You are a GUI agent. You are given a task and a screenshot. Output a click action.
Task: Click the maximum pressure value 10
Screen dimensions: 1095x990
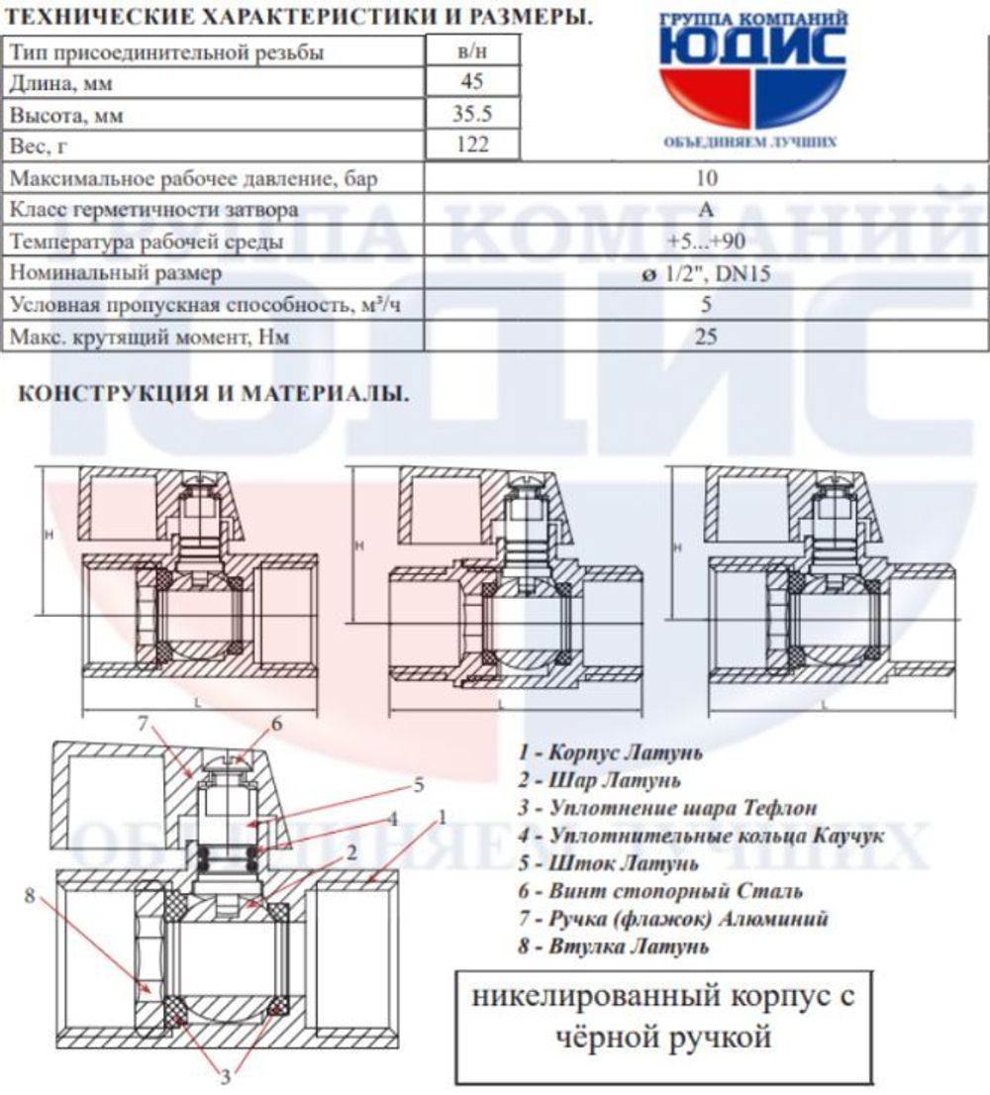(706, 179)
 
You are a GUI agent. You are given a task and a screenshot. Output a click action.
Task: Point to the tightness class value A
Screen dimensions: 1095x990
(706, 211)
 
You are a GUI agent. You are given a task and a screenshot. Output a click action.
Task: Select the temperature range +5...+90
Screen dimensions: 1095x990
(706, 242)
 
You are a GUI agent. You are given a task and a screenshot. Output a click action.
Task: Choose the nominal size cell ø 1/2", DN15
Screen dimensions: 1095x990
(706, 273)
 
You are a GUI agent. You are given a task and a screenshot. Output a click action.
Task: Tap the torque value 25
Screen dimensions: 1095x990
(706, 337)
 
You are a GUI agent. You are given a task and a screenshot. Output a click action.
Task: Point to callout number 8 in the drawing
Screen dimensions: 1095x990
(30, 897)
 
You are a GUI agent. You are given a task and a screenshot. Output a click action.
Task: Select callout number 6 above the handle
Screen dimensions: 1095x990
(276, 724)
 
